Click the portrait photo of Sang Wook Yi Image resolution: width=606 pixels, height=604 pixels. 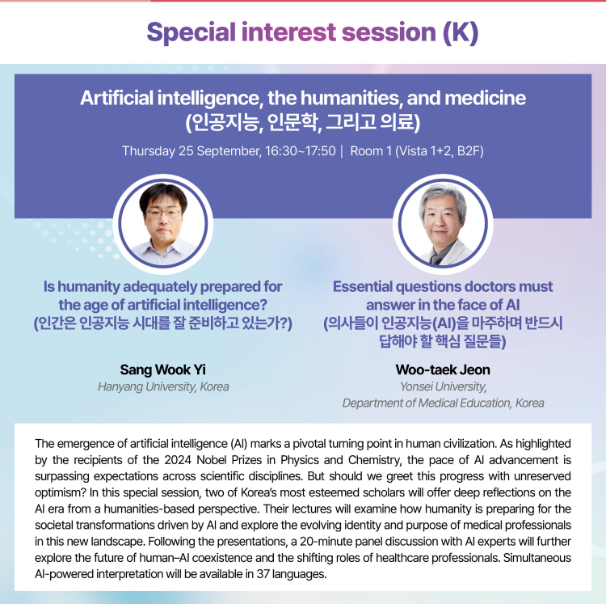[163, 224]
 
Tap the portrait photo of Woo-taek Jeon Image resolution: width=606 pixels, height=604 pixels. [443, 224]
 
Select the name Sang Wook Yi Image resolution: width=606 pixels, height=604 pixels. [162, 370]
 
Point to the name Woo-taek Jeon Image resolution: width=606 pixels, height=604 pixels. [443, 370]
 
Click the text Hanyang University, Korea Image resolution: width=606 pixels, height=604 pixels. [163, 386]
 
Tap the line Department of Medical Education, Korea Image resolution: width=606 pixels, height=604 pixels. [443, 403]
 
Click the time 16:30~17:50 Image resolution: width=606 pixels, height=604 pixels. [301, 151]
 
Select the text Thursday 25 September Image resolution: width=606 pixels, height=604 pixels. [191, 151]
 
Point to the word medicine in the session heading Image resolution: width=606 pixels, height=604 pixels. [486, 98]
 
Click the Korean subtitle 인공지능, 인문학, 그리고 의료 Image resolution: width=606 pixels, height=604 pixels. [303, 122]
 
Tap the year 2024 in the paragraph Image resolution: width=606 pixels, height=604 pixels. [178, 460]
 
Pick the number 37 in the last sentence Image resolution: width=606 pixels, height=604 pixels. [263, 574]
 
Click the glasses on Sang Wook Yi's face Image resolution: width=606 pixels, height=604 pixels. [163, 213]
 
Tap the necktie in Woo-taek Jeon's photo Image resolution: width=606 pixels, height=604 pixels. [436, 259]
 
